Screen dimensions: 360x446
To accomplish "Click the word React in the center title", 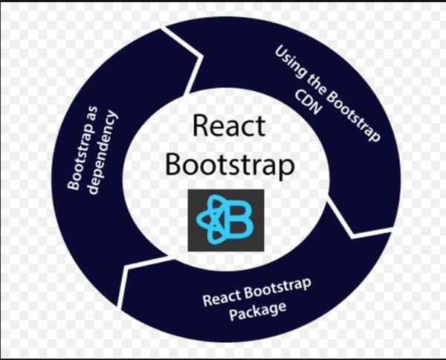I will [228, 126].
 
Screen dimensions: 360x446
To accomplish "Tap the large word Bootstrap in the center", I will [228, 164].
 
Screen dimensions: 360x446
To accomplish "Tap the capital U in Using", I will [282, 54].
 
